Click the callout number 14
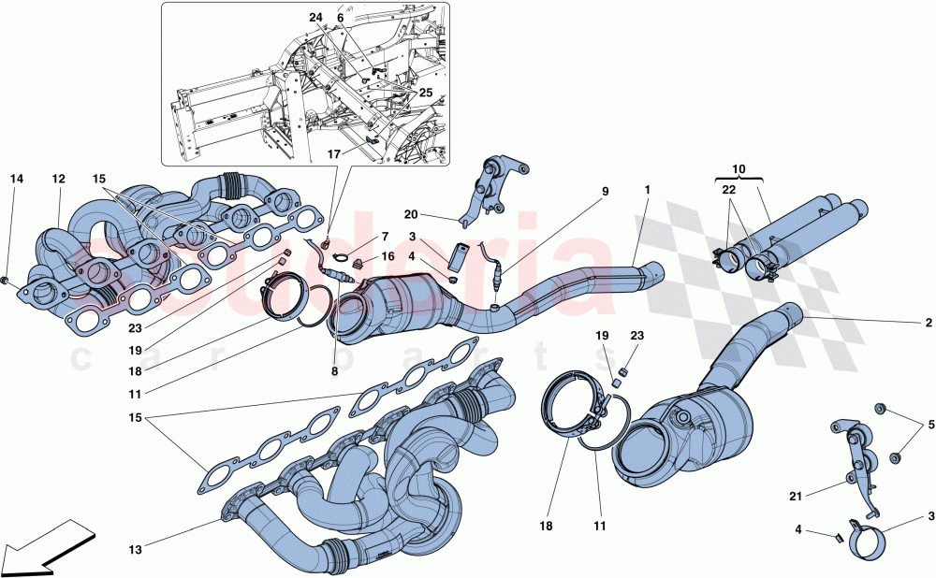coord(16,178)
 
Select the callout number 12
coord(58,178)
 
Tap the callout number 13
coord(137,550)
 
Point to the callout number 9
coord(605,191)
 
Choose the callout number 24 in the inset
coord(315,17)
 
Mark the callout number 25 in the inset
coord(427,94)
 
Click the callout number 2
coord(929,323)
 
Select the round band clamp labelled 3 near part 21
coord(868,539)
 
